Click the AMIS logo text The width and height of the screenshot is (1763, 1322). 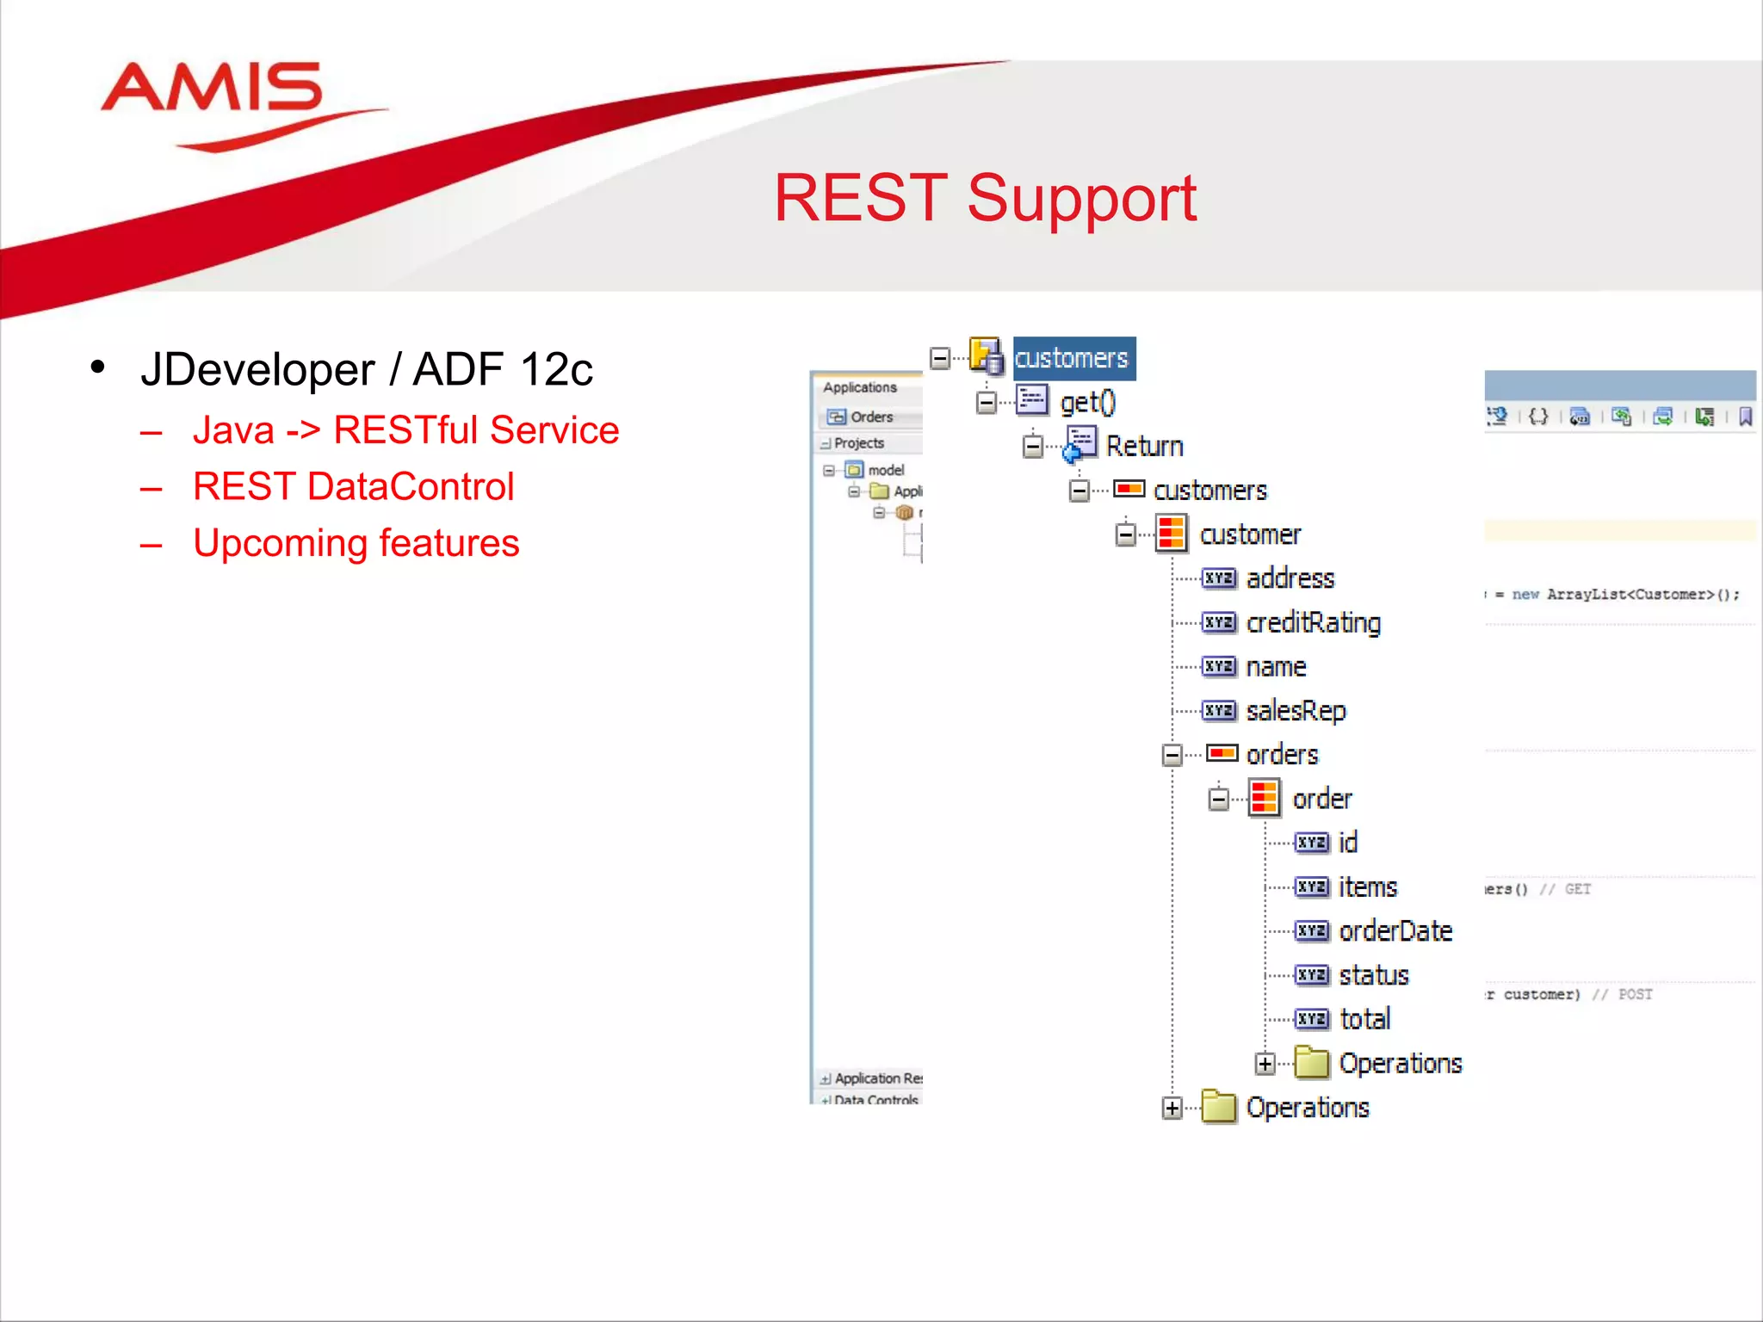click(x=212, y=89)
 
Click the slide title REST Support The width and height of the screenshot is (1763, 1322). click(x=985, y=199)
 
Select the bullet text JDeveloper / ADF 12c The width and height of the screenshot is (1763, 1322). click(x=367, y=370)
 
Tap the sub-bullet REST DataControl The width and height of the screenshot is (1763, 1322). click(x=353, y=487)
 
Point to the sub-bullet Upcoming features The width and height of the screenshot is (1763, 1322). click(x=356, y=543)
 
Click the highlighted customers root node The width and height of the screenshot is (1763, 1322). click(x=1072, y=358)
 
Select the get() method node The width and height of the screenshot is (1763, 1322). click(x=1087, y=402)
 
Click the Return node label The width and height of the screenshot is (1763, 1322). click(x=1144, y=446)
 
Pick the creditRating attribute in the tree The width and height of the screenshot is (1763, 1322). click(x=1313, y=622)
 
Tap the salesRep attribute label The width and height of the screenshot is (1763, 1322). click(x=1296, y=711)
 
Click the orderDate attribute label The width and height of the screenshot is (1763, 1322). click(x=1395, y=931)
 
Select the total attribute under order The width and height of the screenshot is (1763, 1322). click(x=1364, y=1019)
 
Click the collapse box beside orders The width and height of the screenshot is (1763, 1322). click(x=1172, y=756)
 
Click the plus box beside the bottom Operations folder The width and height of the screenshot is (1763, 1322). click(x=1172, y=1109)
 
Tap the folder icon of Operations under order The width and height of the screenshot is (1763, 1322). click(x=1312, y=1063)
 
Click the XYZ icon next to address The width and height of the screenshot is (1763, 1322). click(x=1219, y=578)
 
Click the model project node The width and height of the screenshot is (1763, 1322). click(x=885, y=470)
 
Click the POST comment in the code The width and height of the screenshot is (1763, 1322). click(x=1635, y=995)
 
